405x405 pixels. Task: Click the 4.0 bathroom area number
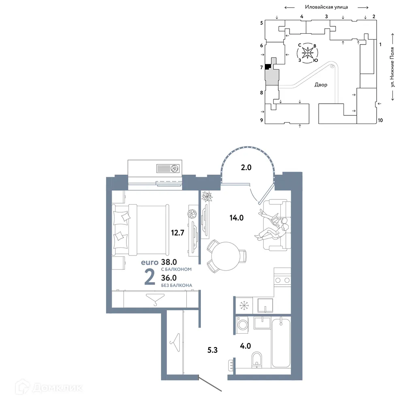[245, 346]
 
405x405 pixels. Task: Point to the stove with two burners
[282, 280]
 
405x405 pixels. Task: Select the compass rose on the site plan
[308, 53]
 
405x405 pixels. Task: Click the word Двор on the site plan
[321, 85]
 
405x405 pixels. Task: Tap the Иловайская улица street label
[326, 7]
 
